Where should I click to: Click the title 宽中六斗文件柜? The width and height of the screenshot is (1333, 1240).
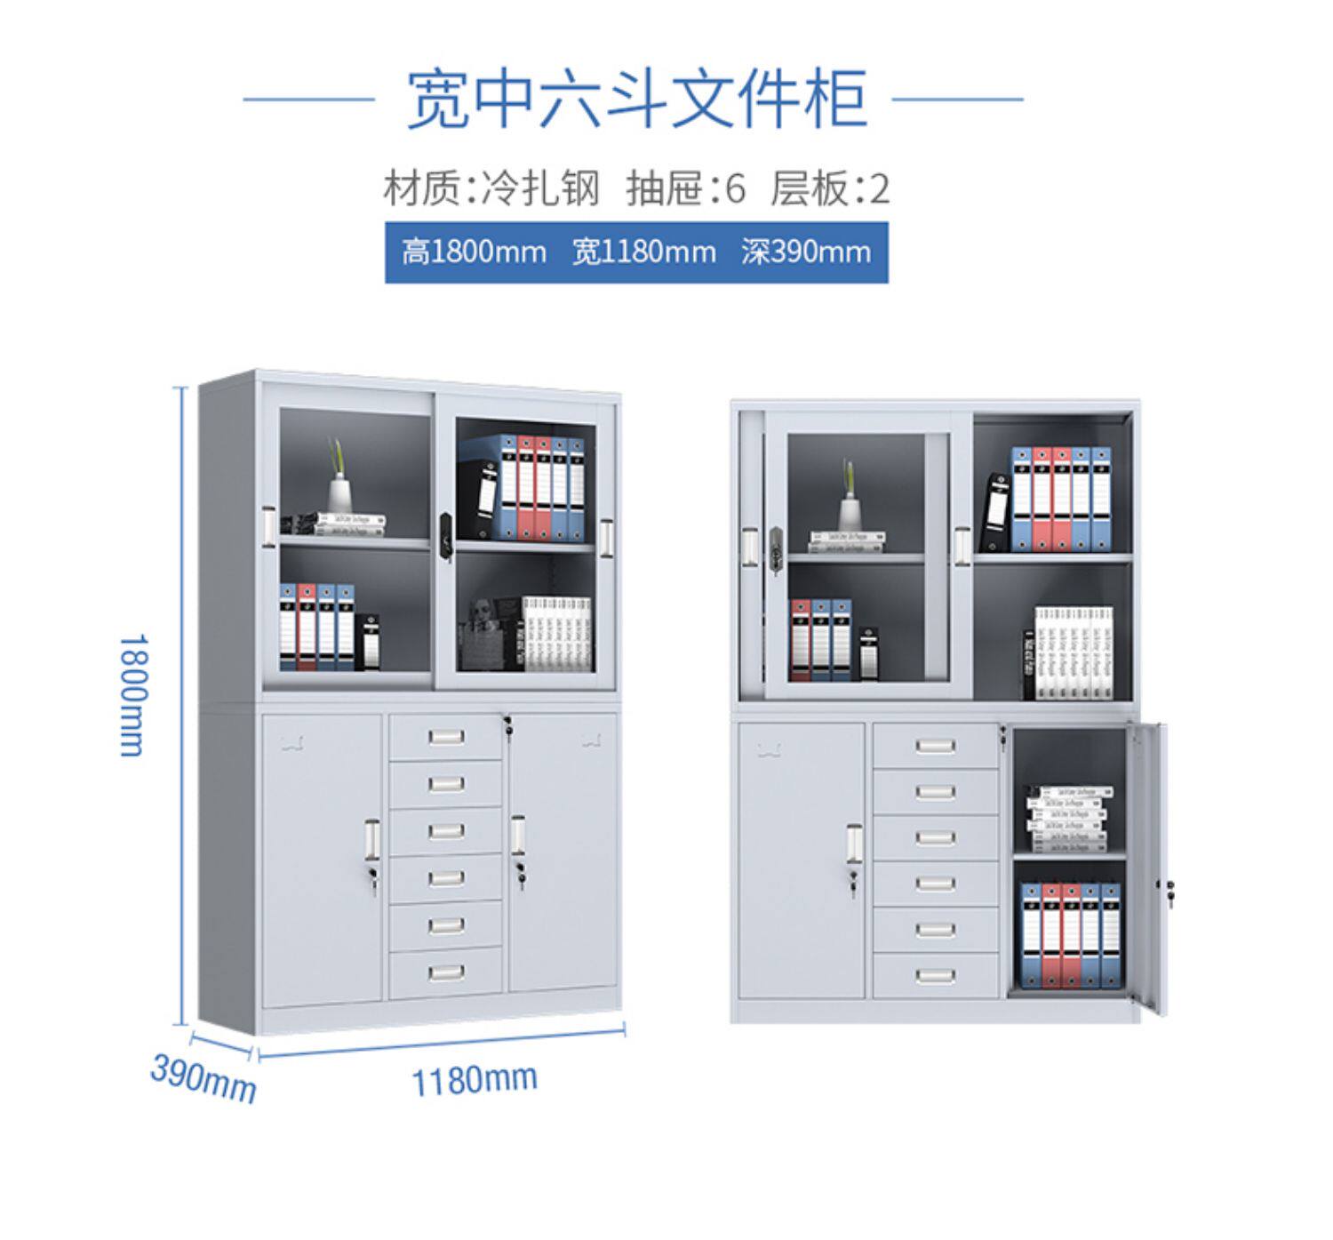coord(635,99)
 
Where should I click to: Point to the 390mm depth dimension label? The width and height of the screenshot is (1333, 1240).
coord(203,1077)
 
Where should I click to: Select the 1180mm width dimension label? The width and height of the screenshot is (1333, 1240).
coord(474,1079)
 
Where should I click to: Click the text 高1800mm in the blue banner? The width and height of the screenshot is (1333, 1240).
coord(473,252)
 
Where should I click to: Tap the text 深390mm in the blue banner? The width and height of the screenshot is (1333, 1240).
coord(805,252)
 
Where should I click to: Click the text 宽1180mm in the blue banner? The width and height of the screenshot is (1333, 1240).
coord(643,252)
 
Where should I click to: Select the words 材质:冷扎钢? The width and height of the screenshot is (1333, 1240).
coord(491,188)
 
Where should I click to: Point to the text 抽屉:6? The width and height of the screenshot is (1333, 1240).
coord(686,188)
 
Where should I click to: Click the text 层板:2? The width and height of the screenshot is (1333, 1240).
coord(830,188)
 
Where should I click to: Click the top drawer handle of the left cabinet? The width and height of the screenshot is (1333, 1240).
coord(445,737)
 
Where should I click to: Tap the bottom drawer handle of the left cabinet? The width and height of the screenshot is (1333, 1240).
coord(445,972)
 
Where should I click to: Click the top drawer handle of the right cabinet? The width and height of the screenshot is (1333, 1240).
coord(935,746)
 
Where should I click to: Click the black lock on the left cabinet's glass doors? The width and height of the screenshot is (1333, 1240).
coord(447,532)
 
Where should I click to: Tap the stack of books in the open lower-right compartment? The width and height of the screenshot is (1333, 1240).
coord(1067,819)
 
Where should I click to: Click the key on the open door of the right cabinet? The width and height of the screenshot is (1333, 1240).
coord(1169,886)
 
